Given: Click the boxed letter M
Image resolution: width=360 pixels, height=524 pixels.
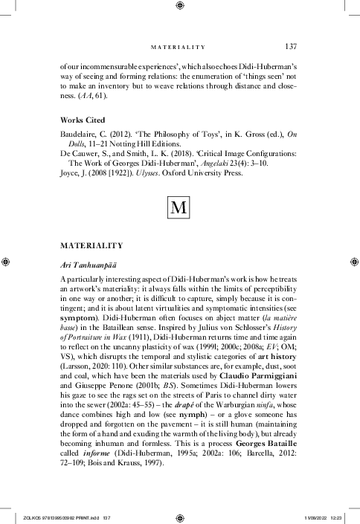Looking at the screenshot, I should pyautogui.click(x=179, y=205).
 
